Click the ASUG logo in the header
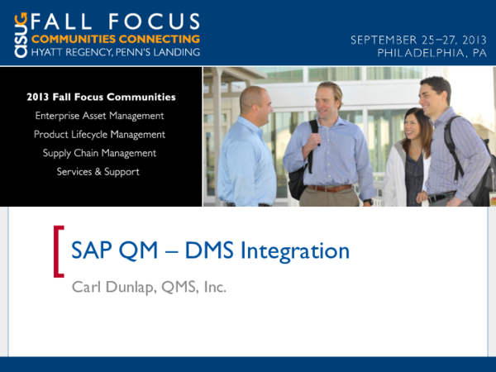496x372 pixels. pos(21,33)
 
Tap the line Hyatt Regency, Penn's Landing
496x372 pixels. pos(115,52)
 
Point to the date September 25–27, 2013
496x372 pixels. pos(418,39)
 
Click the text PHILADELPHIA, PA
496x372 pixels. pos(432,51)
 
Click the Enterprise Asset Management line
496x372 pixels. pos(99,116)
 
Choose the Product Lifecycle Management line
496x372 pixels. pos(99,134)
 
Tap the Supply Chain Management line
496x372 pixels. pos(99,153)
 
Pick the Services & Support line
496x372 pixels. pos(98,172)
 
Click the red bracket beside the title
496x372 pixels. pos(58,250)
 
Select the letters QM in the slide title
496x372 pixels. pos(123,250)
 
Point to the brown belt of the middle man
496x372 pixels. pos(331,188)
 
